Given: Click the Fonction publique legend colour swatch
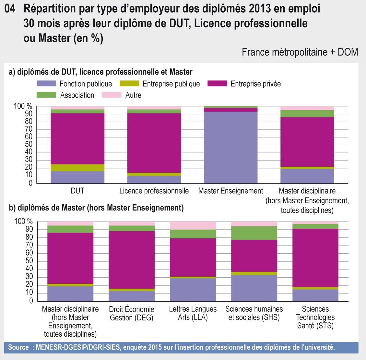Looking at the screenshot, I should [x=46, y=84].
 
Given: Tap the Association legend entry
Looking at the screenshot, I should [x=77, y=95].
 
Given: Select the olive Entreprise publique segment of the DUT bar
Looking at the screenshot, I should [x=77, y=168].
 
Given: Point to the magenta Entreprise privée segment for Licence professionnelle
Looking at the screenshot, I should [x=154, y=143].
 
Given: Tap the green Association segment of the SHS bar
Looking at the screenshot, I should [x=254, y=233].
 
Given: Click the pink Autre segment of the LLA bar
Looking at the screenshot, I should [x=193, y=225].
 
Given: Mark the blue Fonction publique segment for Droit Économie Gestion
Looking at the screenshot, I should [x=132, y=296].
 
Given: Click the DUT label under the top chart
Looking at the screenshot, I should [x=77, y=191].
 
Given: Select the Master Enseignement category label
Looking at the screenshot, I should [x=230, y=191].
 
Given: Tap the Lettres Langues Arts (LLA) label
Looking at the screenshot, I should [x=193, y=313].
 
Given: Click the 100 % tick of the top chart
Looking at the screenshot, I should [x=23, y=106].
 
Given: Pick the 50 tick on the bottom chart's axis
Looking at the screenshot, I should [x=29, y=261].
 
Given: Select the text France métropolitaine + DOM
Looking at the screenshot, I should [x=300, y=52].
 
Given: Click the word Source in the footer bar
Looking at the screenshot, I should [x=18, y=348].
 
